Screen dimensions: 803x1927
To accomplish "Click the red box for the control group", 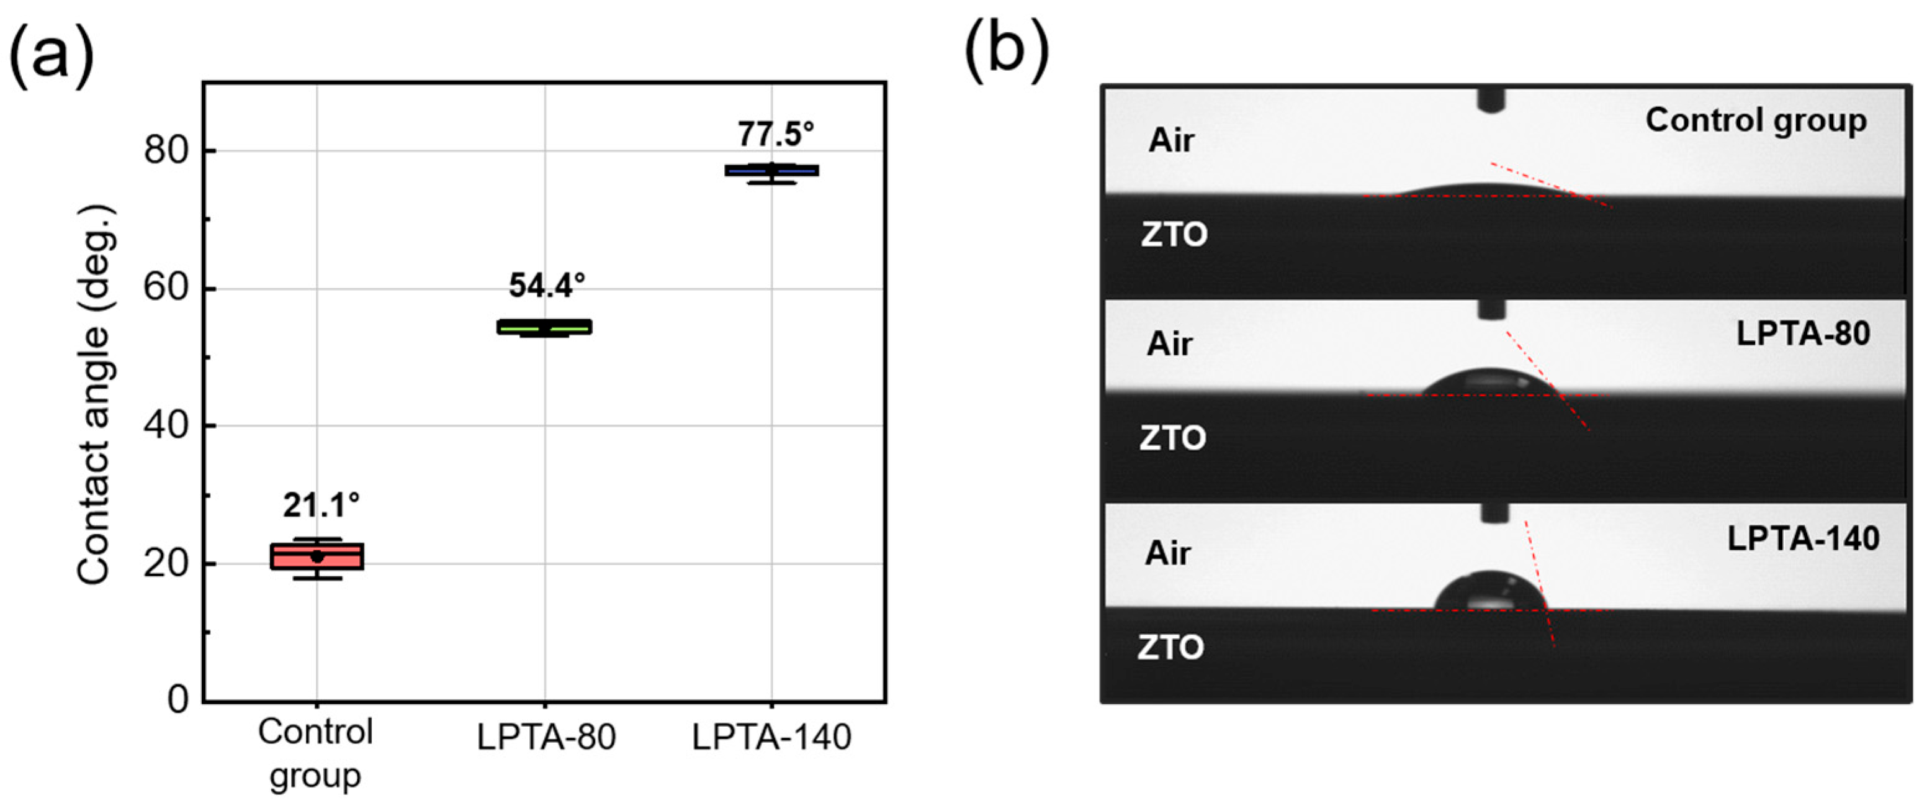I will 317,556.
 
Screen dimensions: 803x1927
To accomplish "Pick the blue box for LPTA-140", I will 772,171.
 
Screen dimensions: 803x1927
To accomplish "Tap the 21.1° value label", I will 321,506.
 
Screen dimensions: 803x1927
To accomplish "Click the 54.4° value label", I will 547,285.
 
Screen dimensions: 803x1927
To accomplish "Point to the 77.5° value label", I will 776,135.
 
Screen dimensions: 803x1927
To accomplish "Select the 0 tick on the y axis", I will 178,700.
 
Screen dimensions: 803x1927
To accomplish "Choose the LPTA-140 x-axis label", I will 771,738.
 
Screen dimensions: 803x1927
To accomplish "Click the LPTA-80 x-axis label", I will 546,738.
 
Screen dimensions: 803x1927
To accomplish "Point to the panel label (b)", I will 1006,51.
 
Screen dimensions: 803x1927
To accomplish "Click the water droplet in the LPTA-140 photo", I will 1489,592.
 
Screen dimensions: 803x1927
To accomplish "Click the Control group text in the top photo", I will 1756,121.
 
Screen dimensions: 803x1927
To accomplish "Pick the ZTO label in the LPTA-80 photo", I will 1172,438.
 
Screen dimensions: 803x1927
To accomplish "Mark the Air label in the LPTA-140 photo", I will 1168,554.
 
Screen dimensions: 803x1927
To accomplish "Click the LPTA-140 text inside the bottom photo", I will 1803,539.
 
